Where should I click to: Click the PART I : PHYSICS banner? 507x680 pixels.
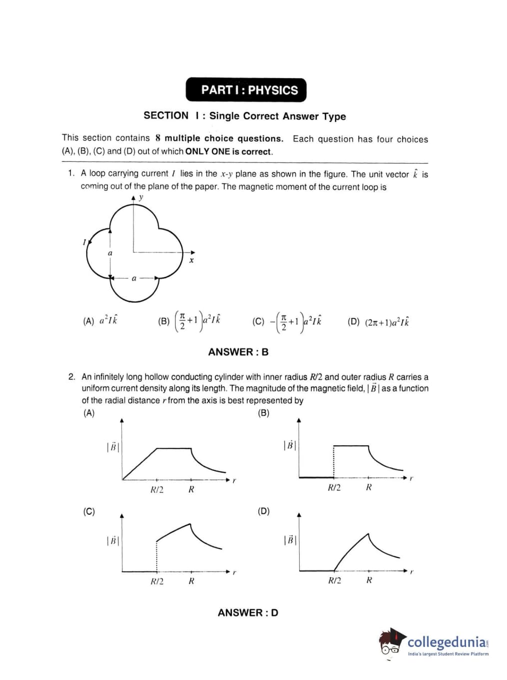coord(246,90)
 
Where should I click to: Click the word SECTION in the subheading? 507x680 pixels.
coord(166,115)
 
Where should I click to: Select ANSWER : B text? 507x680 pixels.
coord(238,352)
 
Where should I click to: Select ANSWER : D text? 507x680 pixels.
coord(248,613)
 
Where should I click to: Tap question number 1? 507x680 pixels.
coord(71,173)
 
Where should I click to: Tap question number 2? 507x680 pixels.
coord(71,376)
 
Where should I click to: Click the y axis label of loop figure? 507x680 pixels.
coord(141,197)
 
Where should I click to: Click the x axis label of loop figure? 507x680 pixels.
coord(191,260)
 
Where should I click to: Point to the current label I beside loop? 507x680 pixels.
coord(84,242)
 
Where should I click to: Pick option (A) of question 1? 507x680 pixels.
coord(100,321)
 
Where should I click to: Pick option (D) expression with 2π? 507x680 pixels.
coord(378,322)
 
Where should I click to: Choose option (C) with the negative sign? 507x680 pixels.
coord(287,322)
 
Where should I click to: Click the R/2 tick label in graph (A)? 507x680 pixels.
coord(157,490)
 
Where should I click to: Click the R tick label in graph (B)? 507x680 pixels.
coord(369,487)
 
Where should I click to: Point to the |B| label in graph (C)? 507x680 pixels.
coord(113,541)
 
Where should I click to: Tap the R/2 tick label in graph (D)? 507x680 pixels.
coord(334,580)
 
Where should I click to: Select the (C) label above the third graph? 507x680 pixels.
coord(89,511)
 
